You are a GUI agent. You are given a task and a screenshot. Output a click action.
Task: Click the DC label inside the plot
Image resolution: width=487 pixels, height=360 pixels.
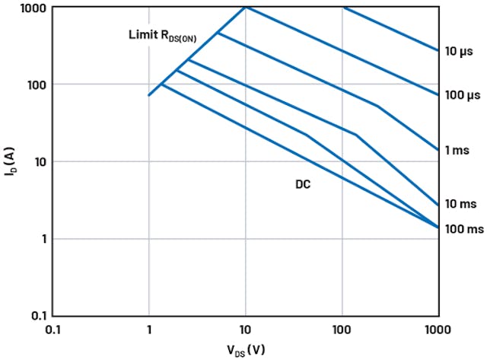[x=303, y=184]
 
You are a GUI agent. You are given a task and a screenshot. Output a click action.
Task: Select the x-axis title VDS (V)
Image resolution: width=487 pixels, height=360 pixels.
[x=245, y=351]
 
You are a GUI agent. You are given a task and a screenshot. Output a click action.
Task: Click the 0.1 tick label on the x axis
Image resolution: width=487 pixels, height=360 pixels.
[x=53, y=331]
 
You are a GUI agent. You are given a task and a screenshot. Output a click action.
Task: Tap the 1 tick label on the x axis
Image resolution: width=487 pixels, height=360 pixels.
[x=149, y=331]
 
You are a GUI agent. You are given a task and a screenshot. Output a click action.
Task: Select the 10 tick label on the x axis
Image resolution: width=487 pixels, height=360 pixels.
[x=245, y=331]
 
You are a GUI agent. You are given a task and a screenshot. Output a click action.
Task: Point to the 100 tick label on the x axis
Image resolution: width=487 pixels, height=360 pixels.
[x=342, y=331]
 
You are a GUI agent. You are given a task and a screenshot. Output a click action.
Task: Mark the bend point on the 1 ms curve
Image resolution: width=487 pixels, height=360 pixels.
[x=378, y=106]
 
